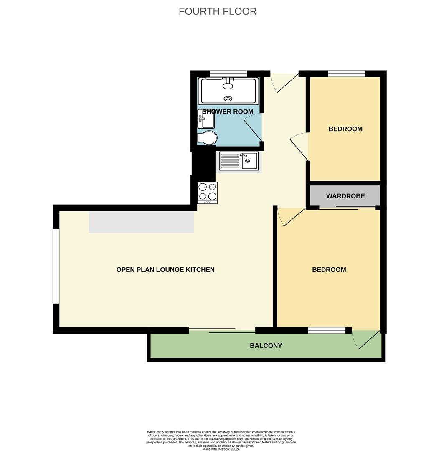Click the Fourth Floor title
[218, 11]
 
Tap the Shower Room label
[228, 111]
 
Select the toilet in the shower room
[207, 138]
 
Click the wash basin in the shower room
[206, 119]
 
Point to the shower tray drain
[228, 99]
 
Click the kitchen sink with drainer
[239, 161]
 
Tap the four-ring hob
[208, 193]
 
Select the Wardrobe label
[345, 196]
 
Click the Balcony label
[266, 345]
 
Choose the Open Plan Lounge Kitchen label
[165, 269]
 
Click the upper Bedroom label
[345, 129]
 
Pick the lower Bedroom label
[329, 269]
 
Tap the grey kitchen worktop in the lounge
[141, 222]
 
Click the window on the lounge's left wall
[56, 266]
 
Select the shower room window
[228, 73]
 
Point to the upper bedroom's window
[347, 73]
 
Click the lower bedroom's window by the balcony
[327, 330]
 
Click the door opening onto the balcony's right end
[366, 340]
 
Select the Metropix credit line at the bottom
[221, 449]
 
